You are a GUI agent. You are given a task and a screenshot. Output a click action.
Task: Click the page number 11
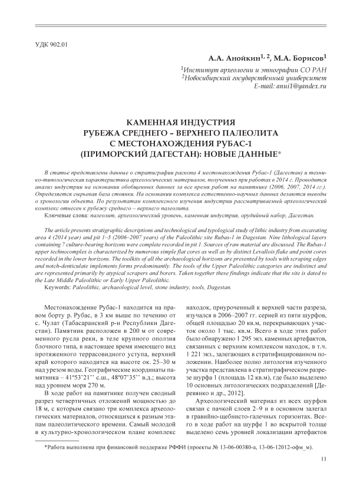pos(323,459)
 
